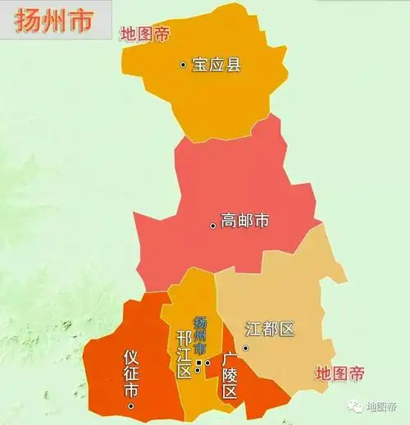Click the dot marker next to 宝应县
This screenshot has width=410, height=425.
coord(183,64)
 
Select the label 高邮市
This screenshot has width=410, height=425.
coord(245,222)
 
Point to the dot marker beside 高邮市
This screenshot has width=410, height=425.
coord(213,224)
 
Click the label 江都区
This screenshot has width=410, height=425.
coord(270,329)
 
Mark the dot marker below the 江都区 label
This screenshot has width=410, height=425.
coord(245,350)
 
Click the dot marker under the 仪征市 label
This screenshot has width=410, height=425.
coord(130,406)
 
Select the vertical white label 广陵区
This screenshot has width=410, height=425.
coord(230,375)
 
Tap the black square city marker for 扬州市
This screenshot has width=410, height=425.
coord(198,362)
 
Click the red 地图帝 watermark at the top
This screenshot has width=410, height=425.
coord(145,34)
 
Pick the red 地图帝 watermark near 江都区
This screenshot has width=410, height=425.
coord(340,374)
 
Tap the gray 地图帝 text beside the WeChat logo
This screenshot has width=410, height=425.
coord(381,406)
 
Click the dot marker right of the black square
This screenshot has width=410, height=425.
coord(207,363)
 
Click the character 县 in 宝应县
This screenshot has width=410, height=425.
coord(234,64)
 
